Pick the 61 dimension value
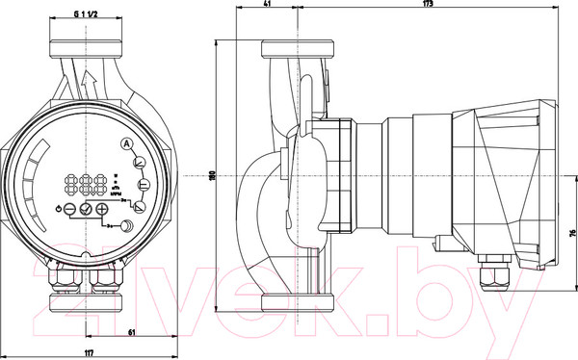click(x=132, y=332)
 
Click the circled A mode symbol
click(x=125, y=144)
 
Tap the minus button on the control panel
click(x=70, y=208)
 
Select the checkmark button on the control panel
click(x=86, y=208)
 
